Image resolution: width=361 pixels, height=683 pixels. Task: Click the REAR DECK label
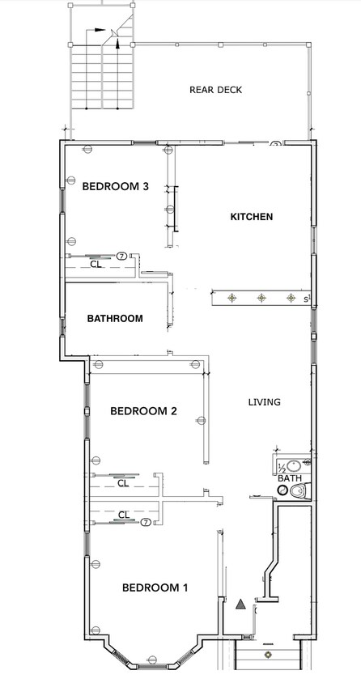click(215, 90)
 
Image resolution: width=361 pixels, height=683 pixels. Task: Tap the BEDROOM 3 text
click(116, 186)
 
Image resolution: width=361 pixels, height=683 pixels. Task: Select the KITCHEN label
click(252, 217)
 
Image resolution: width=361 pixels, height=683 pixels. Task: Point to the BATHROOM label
click(115, 318)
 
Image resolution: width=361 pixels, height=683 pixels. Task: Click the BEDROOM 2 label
click(143, 411)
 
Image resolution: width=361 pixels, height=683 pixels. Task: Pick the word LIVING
click(264, 402)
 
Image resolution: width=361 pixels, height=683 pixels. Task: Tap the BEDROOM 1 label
click(155, 588)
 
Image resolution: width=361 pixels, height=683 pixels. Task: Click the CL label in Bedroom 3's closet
click(96, 264)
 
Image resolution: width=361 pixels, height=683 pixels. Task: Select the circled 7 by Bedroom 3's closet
click(121, 255)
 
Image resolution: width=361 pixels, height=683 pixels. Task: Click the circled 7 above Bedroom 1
click(146, 523)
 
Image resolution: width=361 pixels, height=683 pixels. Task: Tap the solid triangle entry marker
click(240, 604)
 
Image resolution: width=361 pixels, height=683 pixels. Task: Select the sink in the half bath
click(294, 467)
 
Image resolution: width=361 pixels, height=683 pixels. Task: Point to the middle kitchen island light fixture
click(261, 299)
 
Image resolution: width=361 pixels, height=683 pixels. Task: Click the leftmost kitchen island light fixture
click(231, 299)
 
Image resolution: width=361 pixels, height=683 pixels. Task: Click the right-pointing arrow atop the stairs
click(101, 31)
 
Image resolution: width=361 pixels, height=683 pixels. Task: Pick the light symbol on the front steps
click(267, 653)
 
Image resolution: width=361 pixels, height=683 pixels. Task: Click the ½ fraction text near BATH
click(282, 468)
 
